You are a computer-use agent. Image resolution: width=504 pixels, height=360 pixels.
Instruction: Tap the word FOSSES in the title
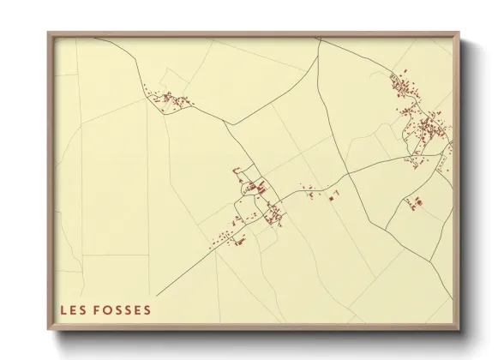tap(123, 309)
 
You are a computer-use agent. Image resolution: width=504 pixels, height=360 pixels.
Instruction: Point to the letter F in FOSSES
tap(98, 309)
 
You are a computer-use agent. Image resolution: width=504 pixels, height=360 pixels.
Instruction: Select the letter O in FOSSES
tap(107, 309)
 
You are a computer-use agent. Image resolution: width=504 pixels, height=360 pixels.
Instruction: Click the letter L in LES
tap(63, 309)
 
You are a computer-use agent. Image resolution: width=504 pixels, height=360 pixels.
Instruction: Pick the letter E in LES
tap(73, 309)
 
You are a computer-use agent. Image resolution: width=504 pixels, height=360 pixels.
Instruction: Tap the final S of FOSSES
tap(147, 309)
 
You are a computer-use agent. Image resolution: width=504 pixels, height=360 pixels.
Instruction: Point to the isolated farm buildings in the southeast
tap(418, 201)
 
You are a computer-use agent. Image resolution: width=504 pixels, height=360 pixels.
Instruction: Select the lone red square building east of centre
tap(331, 198)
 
